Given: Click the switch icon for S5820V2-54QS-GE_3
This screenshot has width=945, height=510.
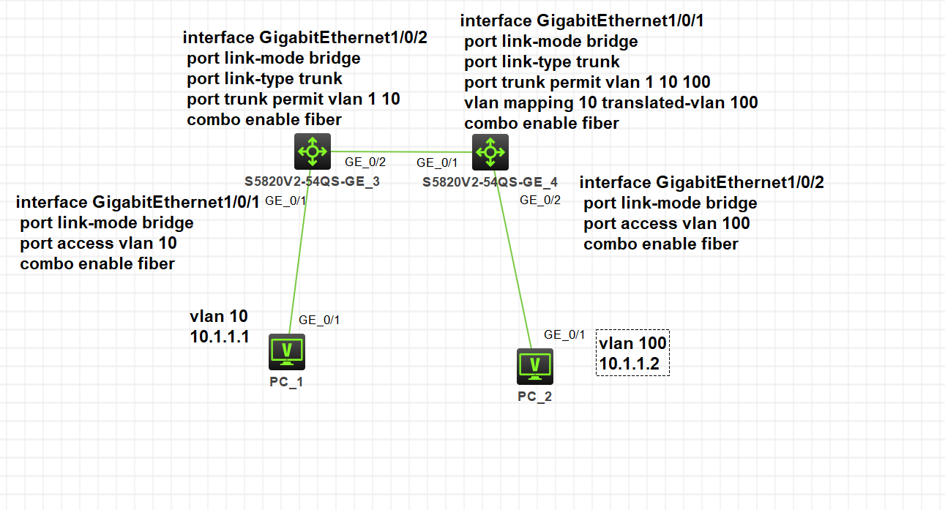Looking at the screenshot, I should (313, 151).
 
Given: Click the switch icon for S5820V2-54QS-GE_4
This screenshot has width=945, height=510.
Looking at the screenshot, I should (490, 152).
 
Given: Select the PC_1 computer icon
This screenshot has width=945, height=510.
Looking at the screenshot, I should (286, 351).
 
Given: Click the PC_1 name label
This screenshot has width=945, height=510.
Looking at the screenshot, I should (286, 381).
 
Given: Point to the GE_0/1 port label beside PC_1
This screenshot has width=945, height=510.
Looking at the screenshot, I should (319, 320).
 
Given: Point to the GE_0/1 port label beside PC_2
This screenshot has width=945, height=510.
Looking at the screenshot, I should (564, 334).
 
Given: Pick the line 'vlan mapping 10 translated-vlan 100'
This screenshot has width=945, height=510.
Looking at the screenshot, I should (611, 103).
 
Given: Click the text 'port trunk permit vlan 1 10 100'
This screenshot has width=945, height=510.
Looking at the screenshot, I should (587, 82).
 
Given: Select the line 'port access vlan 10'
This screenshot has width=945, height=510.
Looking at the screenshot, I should (98, 243).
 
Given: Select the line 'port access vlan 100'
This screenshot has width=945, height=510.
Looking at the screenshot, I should (666, 223).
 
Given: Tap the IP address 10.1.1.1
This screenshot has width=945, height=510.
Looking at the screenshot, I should (220, 337).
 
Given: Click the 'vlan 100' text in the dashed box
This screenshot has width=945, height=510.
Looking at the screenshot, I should (632, 343).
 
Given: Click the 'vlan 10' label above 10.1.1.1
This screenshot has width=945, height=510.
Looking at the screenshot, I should (219, 316).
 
